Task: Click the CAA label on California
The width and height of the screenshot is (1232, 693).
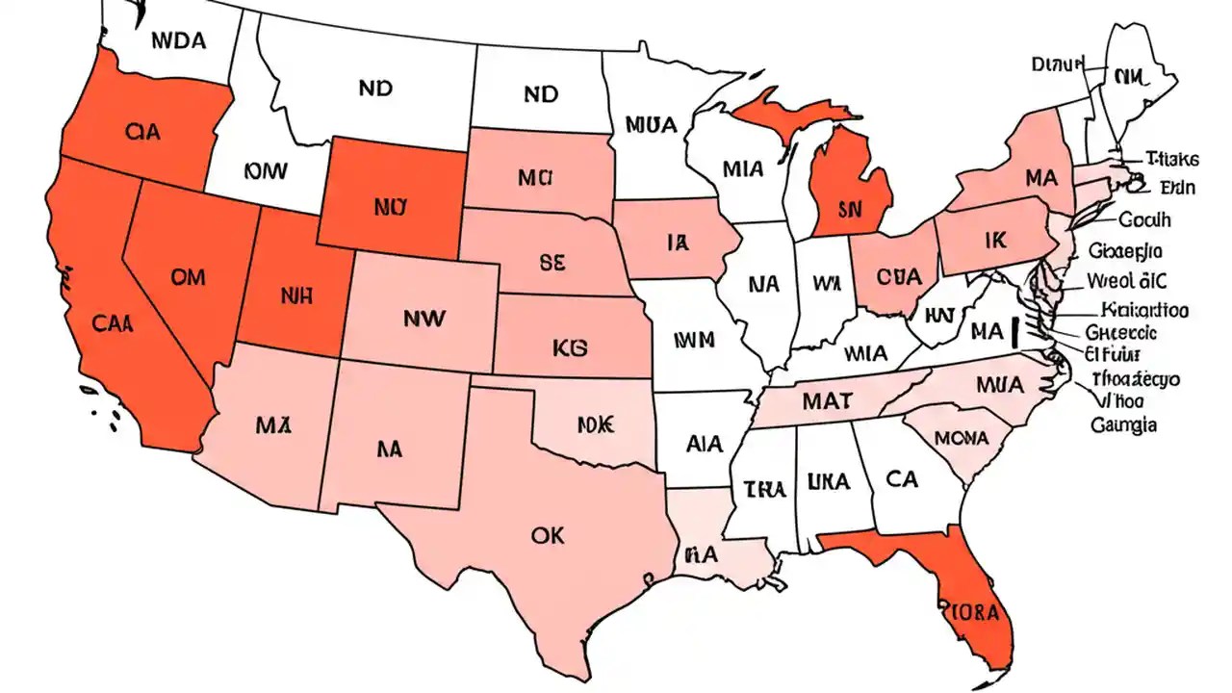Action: coord(114,323)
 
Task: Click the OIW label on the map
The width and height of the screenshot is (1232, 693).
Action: coord(266,171)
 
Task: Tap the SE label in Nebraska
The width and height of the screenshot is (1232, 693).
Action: coord(552,260)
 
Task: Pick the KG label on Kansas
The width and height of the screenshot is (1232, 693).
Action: coord(571,346)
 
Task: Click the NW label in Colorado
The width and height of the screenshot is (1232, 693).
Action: coord(423,317)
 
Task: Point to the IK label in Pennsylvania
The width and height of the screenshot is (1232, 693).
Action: coord(994,242)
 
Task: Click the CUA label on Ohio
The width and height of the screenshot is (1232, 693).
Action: coord(900,275)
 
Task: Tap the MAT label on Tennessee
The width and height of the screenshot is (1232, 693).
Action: coord(826,400)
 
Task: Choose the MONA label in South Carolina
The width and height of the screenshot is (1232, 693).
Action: coord(962,438)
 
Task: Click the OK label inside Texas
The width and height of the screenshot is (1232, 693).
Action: coord(547,536)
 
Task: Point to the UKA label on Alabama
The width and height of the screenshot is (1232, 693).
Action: coord(828,481)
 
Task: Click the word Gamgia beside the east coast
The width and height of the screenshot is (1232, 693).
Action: coord(1123,423)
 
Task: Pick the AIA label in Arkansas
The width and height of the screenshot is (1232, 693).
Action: coord(706,445)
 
